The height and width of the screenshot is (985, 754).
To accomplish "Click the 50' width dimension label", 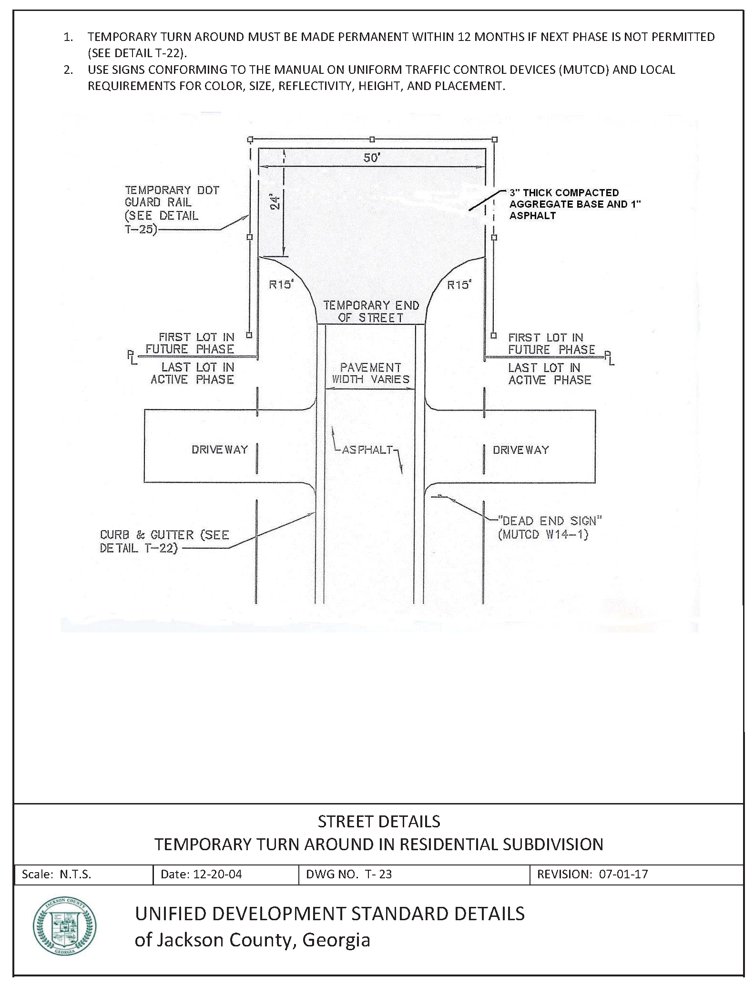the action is tap(372, 158).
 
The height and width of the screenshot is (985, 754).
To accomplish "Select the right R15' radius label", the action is tap(459, 284).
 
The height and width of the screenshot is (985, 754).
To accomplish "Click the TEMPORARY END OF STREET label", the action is tap(371, 312).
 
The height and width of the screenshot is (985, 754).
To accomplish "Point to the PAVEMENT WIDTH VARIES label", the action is tap(370, 373).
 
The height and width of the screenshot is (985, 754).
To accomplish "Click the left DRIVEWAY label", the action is tap(220, 450).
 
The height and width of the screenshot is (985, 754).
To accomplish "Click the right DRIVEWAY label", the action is tap(520, 450).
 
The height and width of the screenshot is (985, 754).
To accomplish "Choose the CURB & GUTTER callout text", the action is tap(164, 542).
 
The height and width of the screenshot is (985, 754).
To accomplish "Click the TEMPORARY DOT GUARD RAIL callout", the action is tap(172, 210).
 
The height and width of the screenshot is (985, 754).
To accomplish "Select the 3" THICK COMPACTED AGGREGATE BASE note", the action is tap(574, 204).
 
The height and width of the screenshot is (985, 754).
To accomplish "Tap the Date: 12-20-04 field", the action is tap(201, 874).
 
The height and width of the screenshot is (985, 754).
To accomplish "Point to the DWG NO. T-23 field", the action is tap(349, 874).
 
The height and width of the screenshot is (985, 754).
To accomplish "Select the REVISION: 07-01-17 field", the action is tap(592, 874).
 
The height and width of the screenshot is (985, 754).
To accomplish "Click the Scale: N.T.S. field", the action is tap(56, 874).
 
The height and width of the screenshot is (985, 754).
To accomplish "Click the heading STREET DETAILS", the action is tap(379, 821).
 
